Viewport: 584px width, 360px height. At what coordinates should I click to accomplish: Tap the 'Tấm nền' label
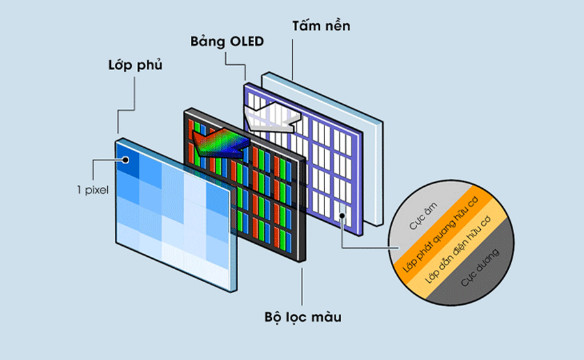click(321, 25)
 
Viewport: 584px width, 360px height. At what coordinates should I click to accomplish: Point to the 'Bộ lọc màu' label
click(302, 318)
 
